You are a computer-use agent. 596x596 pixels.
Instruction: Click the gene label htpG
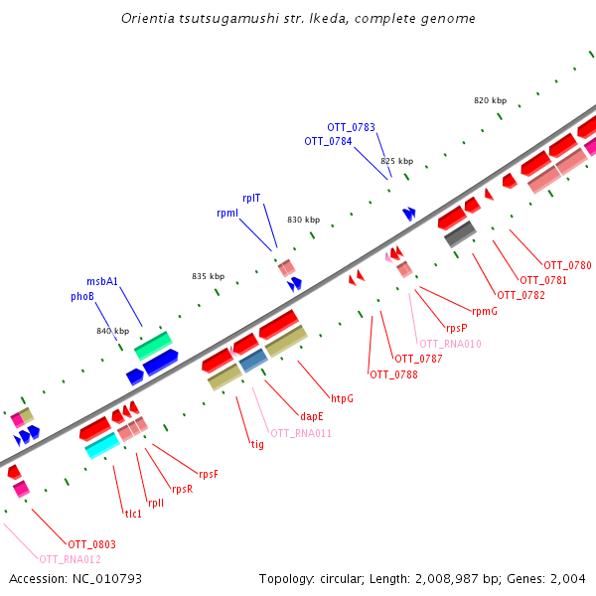[342, 398]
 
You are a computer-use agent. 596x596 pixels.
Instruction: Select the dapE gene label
[312, 416]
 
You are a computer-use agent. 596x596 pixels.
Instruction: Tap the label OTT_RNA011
[301, 433]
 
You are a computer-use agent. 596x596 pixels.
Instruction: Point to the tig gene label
[257, 444]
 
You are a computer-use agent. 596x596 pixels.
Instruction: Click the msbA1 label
[102, 281]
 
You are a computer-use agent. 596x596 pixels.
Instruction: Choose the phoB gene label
[82, 296]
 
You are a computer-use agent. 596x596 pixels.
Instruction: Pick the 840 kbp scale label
[113, 331]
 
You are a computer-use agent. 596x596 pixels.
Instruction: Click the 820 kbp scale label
[491, 100]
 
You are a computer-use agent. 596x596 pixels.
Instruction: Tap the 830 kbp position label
[304, 220]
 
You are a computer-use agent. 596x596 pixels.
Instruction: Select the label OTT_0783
[352, 127]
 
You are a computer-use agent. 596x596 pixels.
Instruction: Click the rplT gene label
[251, 198]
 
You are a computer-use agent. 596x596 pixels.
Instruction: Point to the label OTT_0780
[567, 265]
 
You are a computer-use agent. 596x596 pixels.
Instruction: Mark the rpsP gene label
[456, 328]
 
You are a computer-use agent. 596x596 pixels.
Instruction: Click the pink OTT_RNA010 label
[450, 344]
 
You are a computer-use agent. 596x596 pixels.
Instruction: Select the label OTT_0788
[393, 374]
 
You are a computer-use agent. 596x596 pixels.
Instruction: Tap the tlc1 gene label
[133, 514]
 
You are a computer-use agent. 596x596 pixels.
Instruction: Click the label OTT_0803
[91, 543]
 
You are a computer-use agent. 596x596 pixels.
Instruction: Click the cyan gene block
[102, 446]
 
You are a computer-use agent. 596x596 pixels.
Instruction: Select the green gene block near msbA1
[153, 345]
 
